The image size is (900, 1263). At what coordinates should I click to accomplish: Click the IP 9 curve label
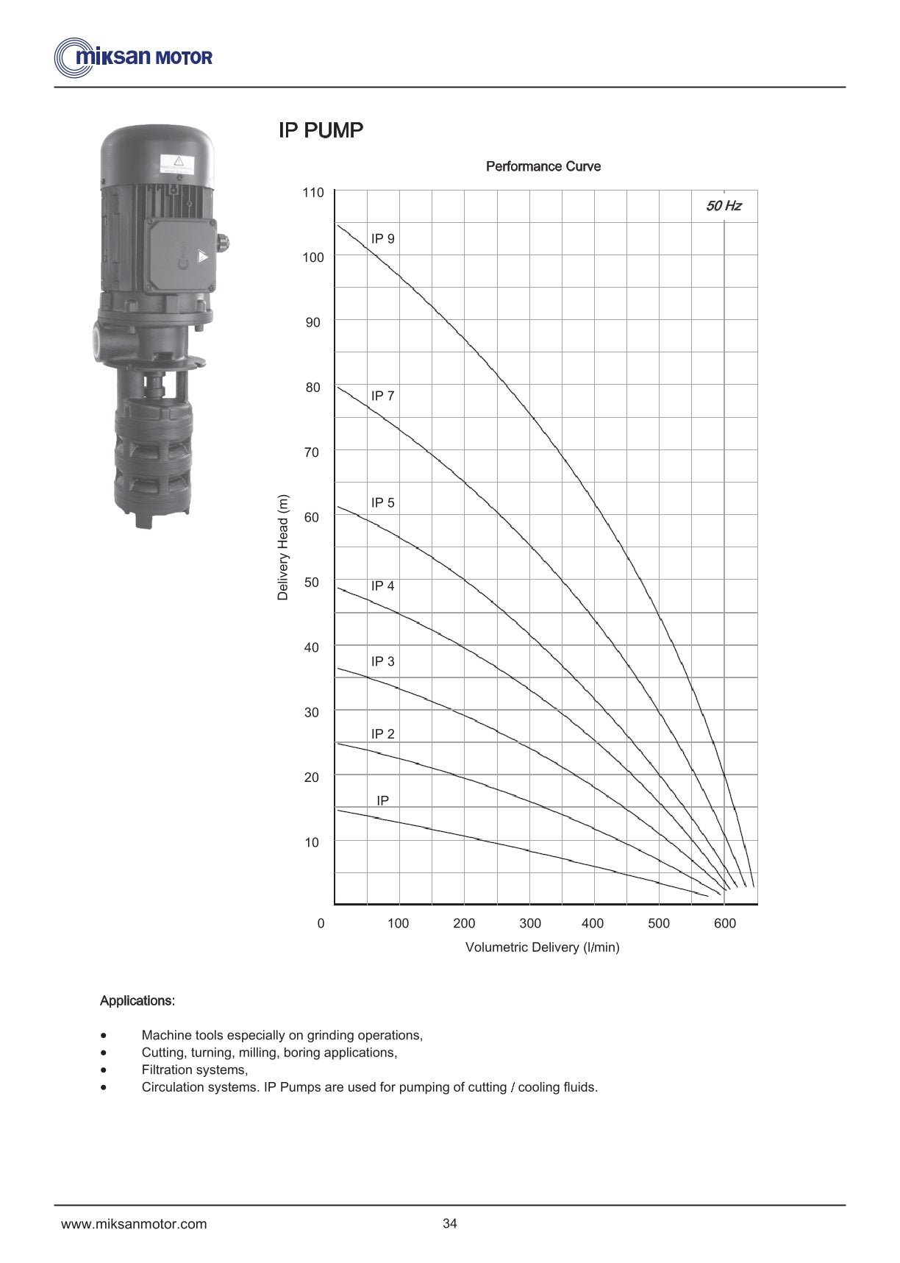click(382, 238)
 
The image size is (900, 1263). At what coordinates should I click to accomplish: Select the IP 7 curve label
click(382, 396)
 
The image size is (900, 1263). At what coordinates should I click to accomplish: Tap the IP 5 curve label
click(382, 502)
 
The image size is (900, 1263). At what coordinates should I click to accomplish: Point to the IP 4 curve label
click(382, 586)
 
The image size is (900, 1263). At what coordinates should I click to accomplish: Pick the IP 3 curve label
click(382, 661)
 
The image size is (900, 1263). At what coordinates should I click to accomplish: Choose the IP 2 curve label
click(382, 733)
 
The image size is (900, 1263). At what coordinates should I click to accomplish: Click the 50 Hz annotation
click(724, 206)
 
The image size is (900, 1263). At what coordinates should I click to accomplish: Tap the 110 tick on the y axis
click(313, 193)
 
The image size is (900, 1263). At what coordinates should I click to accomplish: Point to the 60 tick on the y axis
click(312, 517)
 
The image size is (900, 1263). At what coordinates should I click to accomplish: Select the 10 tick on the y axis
click(312, 842)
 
